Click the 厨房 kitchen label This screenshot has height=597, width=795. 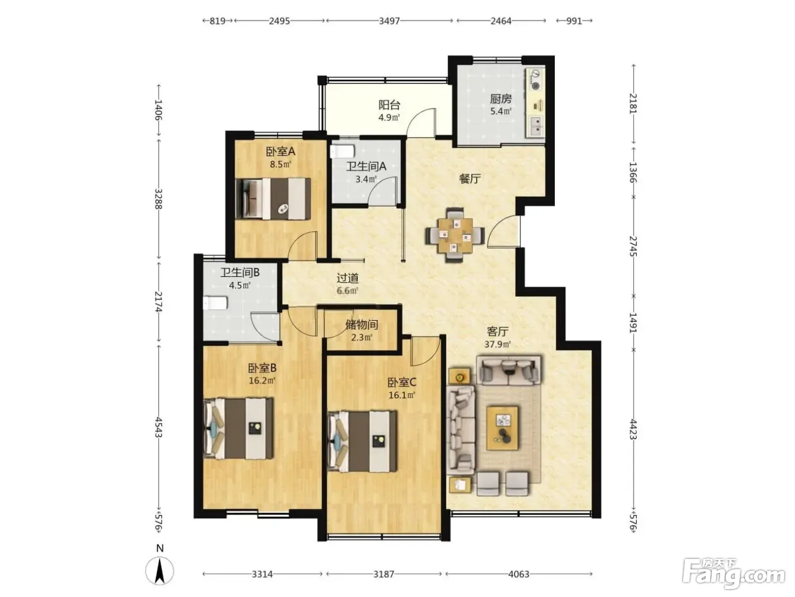tap(500, 98)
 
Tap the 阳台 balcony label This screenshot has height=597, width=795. tap(389, 105)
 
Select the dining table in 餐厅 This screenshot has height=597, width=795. tap(454, 235)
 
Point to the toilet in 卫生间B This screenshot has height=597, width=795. tap(215, 303)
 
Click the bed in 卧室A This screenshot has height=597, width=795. tap(273, 198)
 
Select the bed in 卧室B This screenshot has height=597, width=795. tap(238, 429)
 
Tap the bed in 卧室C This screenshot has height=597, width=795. tap(362, 441)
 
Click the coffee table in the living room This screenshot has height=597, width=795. tap(502, 428)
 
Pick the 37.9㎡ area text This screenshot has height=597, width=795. tap(497, 344)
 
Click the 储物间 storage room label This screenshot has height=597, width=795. tap(362, 325)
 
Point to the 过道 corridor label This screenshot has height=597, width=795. tap(348, 278)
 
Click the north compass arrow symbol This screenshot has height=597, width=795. tap(160, 571)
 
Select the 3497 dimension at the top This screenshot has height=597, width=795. tap(390, 21)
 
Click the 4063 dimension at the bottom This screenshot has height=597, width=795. tap(518, 574)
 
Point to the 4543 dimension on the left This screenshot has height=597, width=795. tap(158, 427)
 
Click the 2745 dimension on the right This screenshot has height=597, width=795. tap(633, 246)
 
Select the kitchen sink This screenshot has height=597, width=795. tap(535, 126)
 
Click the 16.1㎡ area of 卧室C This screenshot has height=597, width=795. tap(401, 395)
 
